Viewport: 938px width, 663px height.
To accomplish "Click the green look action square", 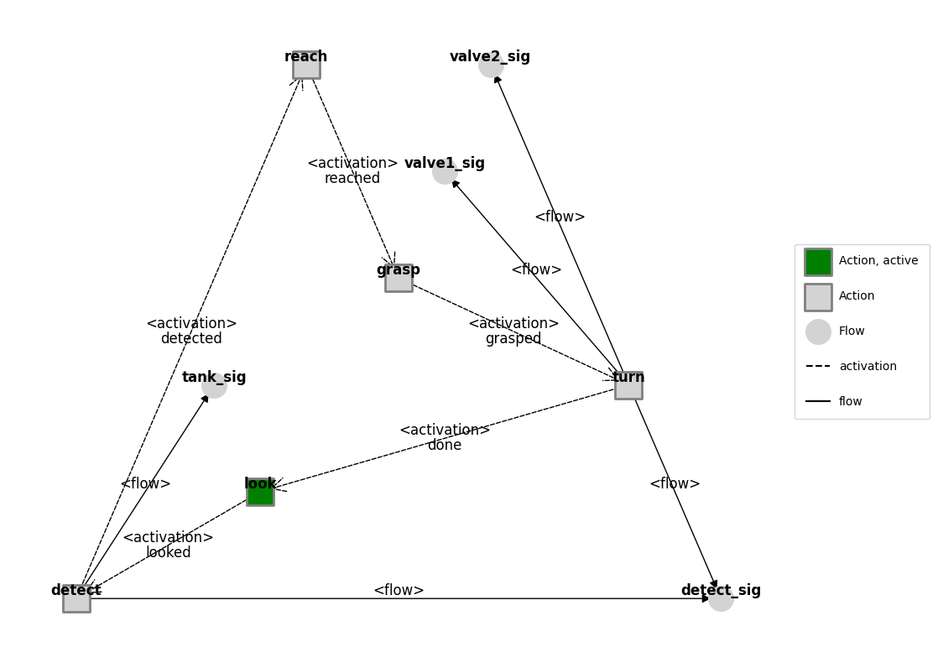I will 260,492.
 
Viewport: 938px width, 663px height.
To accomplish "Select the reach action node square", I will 306,65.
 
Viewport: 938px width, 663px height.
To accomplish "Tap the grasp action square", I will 399,278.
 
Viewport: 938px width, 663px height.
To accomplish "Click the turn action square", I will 628,385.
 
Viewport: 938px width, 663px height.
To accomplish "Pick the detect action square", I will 76,598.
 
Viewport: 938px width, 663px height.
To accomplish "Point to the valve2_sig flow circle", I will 491,65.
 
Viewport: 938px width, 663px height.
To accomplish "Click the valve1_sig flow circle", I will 445,171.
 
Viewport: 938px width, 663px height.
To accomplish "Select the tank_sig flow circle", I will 214,385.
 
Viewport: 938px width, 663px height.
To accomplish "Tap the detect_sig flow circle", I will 721,598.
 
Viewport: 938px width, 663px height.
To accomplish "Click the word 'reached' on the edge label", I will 352,179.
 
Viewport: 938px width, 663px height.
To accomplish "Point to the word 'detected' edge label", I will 191,339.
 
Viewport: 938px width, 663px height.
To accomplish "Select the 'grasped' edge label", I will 513,339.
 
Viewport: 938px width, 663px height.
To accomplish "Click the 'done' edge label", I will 445,446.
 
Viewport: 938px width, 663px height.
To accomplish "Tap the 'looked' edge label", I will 169,552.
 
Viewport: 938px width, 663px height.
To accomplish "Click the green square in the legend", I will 818,261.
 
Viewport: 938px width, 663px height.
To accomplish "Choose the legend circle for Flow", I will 818,331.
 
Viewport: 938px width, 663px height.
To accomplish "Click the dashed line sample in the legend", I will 818,367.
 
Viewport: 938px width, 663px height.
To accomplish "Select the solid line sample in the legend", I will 818,402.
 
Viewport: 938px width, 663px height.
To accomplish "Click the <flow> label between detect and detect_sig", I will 399,591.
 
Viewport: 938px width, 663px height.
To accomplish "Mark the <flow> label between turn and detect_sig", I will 675,484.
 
